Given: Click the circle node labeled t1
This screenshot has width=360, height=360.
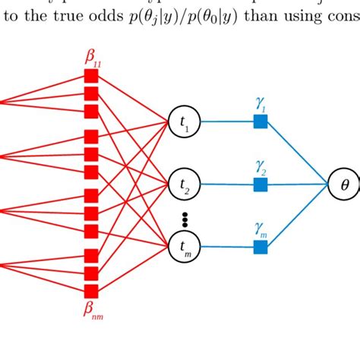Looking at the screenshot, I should tap(184, 122).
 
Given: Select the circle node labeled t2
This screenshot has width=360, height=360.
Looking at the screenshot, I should tap(184, 183).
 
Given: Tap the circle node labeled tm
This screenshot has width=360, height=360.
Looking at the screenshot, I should tap(184, 245).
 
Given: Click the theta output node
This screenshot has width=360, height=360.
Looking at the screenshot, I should tap(343, 183).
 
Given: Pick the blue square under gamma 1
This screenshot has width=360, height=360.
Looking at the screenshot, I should tap(261, 122).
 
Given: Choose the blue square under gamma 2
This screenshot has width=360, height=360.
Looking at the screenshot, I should tap(261, 183).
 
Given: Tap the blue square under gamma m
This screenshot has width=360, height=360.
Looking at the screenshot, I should tap(261, 245).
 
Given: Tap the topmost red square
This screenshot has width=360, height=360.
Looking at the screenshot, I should tap(91, 76).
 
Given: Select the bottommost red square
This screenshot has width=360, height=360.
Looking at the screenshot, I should tap(91, 292).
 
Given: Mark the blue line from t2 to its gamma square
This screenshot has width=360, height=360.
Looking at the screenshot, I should tap(226, 183).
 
